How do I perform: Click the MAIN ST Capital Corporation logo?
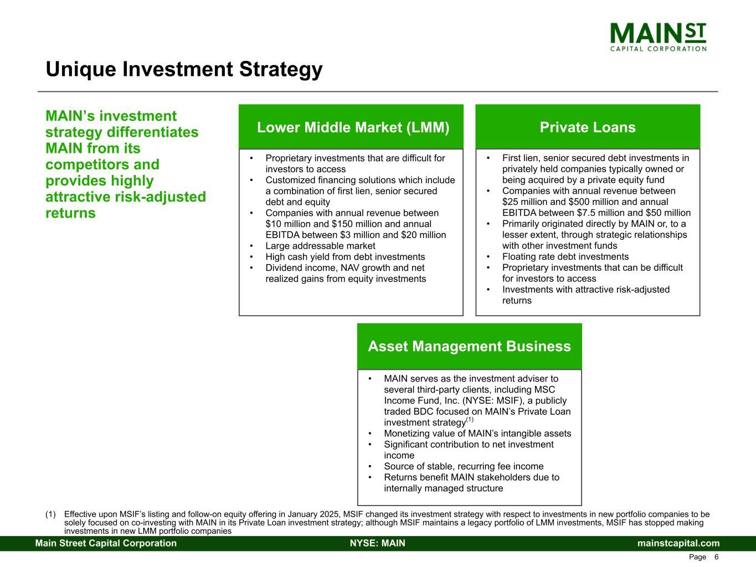coord(658,37)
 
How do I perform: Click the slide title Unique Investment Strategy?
coord(184,69)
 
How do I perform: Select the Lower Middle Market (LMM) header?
coord(353,127)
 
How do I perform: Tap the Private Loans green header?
coord(588,127)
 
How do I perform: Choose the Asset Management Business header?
coord(470,346)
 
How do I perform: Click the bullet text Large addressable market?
coord(320,246)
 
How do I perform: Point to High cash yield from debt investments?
coord(345,257)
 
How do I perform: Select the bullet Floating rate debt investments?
coord(565,256)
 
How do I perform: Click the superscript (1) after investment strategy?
coord(470,420)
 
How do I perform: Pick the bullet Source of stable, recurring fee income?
coord(464,466)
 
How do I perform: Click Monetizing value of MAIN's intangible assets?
coord(477,434)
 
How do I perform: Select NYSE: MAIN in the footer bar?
coord(378,543)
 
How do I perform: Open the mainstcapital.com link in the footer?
coord(678,543)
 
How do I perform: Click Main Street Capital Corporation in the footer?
coord(106,543)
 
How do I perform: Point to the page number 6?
coord(716,557)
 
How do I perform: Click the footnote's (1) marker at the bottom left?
coord(50,514)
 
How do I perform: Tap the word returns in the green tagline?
coord(70,213)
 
